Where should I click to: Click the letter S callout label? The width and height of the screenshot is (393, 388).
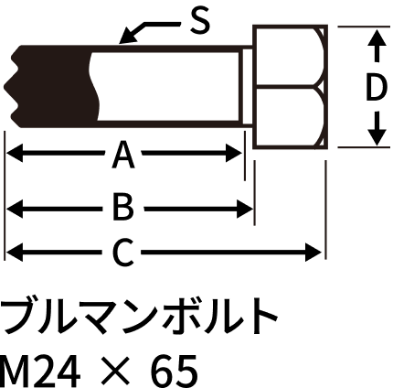click(x=200, y=21)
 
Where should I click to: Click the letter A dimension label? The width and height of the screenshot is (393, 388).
click(x=123, y=155)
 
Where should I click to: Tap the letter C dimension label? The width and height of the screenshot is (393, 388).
click(x=122, y=253)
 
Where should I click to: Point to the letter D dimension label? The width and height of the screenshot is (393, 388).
click(x=377, y=88)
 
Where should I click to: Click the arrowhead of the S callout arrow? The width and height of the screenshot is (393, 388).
click(x=127, y=36)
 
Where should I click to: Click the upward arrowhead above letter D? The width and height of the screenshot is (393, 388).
click(x=377, y=38)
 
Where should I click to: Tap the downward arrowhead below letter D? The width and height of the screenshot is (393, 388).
click(x=377, y=136)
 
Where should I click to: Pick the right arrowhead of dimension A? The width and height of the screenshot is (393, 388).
click(x=234, y=153)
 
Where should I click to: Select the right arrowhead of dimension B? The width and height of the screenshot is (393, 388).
click(x=245, y=209)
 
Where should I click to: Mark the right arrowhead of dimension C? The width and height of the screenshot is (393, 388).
click(x=313, y=253)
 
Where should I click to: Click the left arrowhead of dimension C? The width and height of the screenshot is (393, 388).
click(x=15, y=253)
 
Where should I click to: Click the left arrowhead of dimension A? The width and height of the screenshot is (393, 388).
click(x=15, y=153)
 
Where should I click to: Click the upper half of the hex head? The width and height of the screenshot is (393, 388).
click(x=291, y=56)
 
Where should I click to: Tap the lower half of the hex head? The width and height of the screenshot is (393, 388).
click(x=291, y=117)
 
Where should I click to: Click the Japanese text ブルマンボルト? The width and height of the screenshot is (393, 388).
click(x=139, y=316)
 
